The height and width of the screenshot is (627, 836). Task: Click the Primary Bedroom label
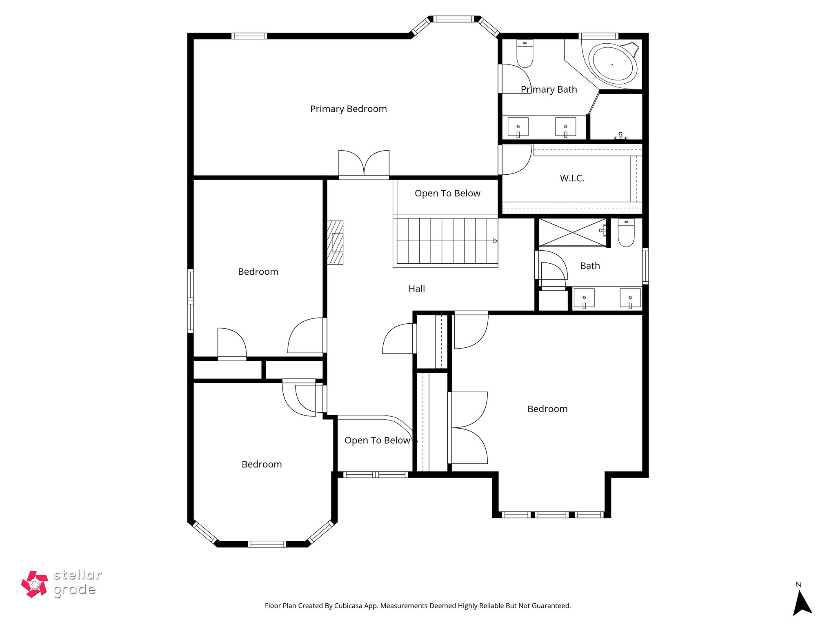click(x=348, y=109)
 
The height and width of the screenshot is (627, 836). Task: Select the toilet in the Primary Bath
click(x=525, y=54)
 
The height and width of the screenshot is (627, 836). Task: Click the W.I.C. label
click(x=572, y=178)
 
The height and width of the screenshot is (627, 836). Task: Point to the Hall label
click(x=416, y=289)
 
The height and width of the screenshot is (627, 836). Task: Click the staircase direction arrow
click(x=495, y=241)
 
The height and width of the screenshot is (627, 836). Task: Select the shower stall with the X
click(x=572, y=233)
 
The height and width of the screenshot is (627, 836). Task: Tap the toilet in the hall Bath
click(x=626, y=233)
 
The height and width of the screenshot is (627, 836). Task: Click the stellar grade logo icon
click(x=35, y=584)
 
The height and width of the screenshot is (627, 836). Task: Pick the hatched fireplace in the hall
click(x=335, y=242)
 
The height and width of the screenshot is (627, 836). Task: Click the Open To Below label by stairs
click(x=447, y=193)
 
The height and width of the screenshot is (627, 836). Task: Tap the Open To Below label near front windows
click(x=377, y=440)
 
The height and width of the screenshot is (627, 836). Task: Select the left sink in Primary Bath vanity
click(x=518, y=127)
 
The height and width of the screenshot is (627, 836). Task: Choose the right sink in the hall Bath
click(x=630, y=298)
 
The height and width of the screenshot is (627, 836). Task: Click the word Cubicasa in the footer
click(x=350, y=606)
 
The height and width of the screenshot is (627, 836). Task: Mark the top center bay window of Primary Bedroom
click(x=453, y=19)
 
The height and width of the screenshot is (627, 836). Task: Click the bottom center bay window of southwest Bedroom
click(x=267, y=544)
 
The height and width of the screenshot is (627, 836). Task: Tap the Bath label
click(x=590, y=266)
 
